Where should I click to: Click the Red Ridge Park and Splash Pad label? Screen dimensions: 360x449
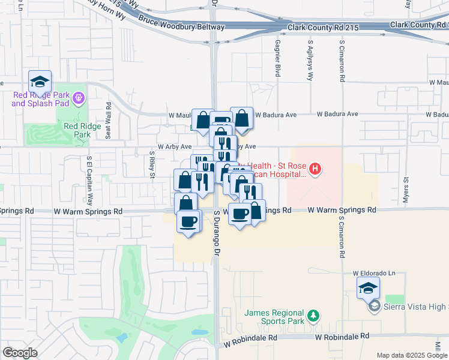[40, 99]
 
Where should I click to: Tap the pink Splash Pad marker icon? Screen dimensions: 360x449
[78, 97]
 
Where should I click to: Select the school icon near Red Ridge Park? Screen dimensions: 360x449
[40, 82]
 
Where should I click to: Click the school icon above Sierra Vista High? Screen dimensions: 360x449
[368, 289]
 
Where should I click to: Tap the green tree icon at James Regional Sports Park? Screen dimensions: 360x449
[312, 315]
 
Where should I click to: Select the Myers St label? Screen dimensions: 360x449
[406, 188]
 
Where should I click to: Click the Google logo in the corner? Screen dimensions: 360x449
[20, 352]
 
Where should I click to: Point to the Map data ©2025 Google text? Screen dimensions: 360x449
[412, 355]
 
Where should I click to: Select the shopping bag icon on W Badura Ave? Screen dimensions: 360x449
[241, 119]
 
